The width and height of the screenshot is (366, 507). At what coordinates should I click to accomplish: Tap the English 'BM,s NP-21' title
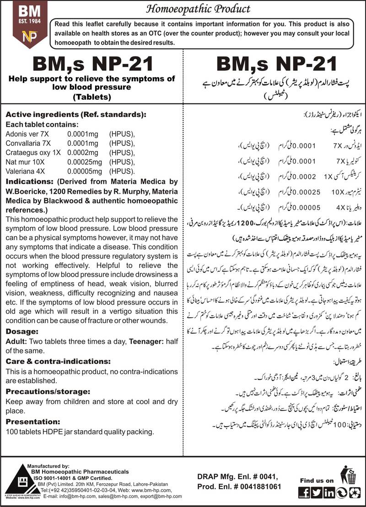point(91,64)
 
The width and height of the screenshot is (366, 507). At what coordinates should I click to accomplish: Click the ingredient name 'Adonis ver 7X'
point(24,134)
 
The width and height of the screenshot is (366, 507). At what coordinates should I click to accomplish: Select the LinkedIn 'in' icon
point(329,492)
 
